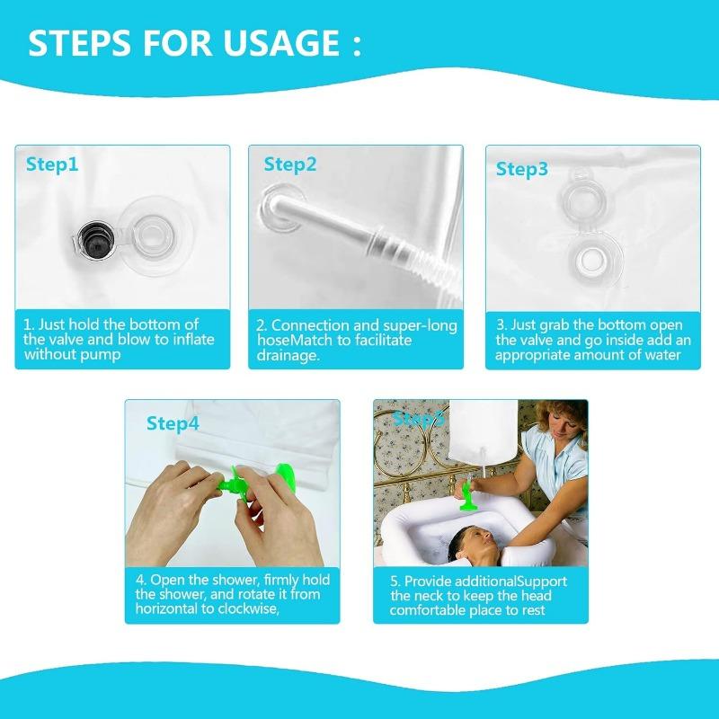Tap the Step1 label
point(52,164)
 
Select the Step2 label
point(290,164)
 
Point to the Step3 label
point(522,169)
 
